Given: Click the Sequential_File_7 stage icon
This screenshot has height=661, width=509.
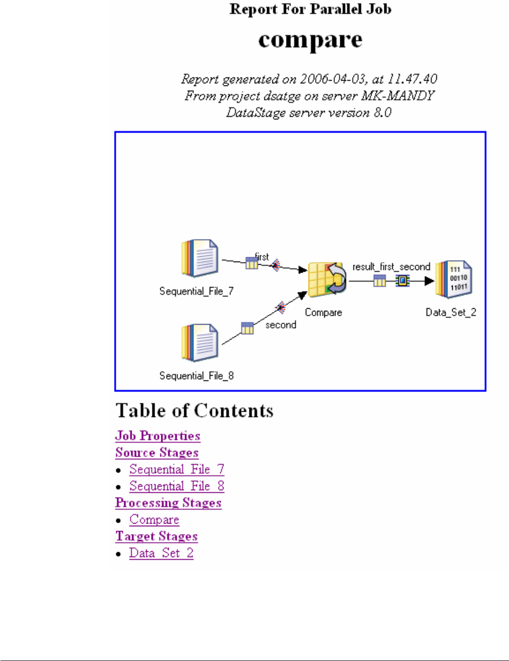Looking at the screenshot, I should (200, 258).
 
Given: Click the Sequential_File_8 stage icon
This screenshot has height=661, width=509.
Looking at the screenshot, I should (200, 343).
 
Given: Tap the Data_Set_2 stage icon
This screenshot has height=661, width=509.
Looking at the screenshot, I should (454, 279).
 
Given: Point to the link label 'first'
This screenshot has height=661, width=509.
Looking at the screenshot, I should (262, 257).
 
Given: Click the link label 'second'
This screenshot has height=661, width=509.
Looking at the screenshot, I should (281, 325).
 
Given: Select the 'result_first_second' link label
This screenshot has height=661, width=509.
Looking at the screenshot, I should (391, 267).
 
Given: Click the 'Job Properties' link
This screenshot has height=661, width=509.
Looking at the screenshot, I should (158, 436).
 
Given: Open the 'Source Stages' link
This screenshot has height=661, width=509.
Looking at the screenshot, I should (157, 453).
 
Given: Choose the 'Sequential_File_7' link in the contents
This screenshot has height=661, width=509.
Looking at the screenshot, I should (177, 469).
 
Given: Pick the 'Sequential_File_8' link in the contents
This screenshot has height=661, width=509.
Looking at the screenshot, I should (177, 486).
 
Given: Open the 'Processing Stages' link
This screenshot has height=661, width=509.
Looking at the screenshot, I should (168, 503).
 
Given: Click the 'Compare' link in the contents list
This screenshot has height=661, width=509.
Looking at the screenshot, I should (154, 520).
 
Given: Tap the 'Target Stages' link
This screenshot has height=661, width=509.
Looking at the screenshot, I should (157, 536).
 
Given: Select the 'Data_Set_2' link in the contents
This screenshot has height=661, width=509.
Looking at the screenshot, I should (161, 553).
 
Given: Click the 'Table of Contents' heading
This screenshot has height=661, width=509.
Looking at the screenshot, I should (194, 411).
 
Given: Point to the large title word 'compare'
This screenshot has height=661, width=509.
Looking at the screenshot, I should (310, 40).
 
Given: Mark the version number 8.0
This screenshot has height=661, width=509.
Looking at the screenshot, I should (382, 112).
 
